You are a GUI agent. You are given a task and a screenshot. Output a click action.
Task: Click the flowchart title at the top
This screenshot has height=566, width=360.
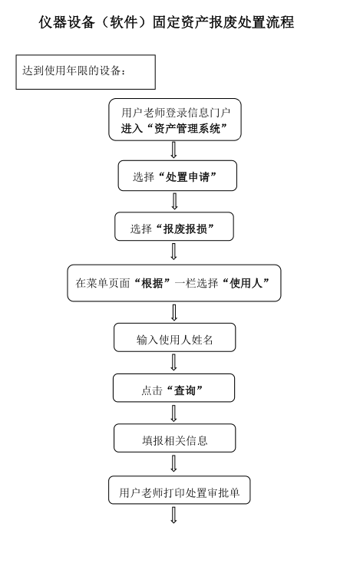167,22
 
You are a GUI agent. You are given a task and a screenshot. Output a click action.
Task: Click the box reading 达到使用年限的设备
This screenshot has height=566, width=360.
86,72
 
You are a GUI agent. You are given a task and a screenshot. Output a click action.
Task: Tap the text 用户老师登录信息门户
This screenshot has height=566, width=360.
176,113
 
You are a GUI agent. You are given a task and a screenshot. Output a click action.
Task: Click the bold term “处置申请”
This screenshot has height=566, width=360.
187,176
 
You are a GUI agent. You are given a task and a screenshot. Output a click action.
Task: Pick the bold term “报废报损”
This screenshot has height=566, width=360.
185,229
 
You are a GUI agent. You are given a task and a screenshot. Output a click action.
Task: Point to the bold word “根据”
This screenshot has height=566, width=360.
152,283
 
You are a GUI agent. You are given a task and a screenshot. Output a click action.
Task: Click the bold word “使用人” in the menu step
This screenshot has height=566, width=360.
246,283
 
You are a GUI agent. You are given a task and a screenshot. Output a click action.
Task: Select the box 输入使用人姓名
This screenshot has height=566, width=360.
174,337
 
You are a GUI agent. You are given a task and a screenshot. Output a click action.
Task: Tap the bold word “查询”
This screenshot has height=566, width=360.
185,390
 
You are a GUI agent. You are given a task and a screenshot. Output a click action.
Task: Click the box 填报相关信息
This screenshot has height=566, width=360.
174,438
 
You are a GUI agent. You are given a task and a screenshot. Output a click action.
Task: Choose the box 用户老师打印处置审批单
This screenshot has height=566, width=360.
180,490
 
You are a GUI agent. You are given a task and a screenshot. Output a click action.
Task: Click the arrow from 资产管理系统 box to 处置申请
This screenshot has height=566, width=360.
173,150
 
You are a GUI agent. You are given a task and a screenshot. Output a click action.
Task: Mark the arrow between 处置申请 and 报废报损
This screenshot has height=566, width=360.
174,202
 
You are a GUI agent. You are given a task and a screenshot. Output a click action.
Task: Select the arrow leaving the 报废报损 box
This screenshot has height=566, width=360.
173,252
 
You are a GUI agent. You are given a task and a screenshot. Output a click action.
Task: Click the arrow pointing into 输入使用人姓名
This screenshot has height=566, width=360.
173,313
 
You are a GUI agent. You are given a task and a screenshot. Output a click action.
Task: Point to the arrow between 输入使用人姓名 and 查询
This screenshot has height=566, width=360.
173,363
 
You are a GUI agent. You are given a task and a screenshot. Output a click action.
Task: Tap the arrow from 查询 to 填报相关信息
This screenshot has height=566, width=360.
173,413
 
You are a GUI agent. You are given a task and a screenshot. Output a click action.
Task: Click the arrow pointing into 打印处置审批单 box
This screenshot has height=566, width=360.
173,463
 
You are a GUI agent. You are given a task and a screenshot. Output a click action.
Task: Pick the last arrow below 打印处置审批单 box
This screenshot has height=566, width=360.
173,515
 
